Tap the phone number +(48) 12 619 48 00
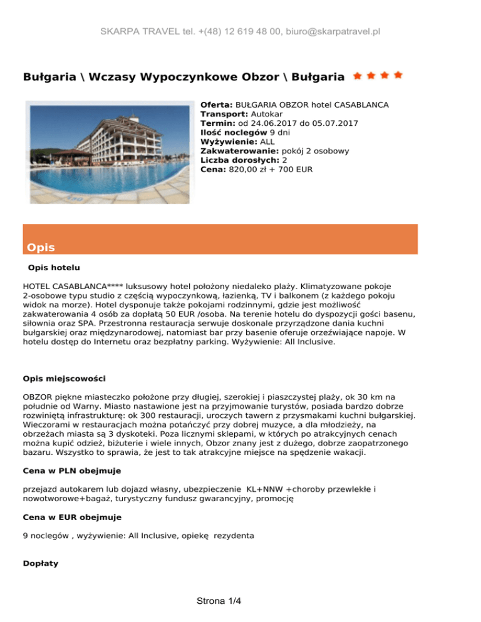[x=217, y=31]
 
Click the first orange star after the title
[x=357, y=76]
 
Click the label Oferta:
[x=217, y=105]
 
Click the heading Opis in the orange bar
[x=41, y=247]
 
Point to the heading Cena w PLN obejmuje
[x=72, y=469]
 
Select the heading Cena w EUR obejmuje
[x=72, y=517]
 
